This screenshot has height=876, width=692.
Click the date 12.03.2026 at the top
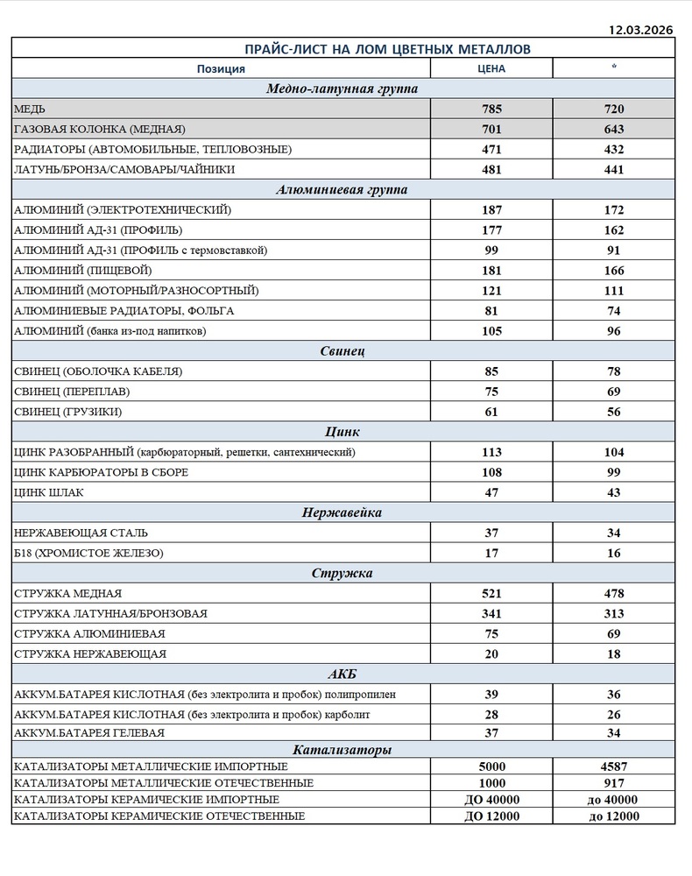640,29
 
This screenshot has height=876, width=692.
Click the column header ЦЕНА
491,68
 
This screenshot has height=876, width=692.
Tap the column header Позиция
221,68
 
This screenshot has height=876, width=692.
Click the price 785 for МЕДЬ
491,109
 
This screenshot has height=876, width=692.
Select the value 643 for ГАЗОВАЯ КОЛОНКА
614,130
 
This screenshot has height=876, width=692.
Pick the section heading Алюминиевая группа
342,189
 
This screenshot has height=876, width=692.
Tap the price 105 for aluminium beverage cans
491,331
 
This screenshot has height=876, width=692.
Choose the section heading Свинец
342,351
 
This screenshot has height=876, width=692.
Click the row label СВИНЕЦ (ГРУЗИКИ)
68,412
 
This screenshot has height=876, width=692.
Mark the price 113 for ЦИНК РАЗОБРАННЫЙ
491,452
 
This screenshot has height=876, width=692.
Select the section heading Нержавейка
342,512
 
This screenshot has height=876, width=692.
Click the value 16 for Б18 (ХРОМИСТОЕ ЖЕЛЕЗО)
614,554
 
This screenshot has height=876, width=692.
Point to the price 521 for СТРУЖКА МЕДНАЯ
491,594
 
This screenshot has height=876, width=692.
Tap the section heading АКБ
342,674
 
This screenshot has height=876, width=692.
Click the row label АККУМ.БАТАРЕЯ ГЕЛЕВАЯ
90,732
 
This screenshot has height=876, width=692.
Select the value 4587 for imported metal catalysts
614,766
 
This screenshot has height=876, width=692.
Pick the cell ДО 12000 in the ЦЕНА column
491,816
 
